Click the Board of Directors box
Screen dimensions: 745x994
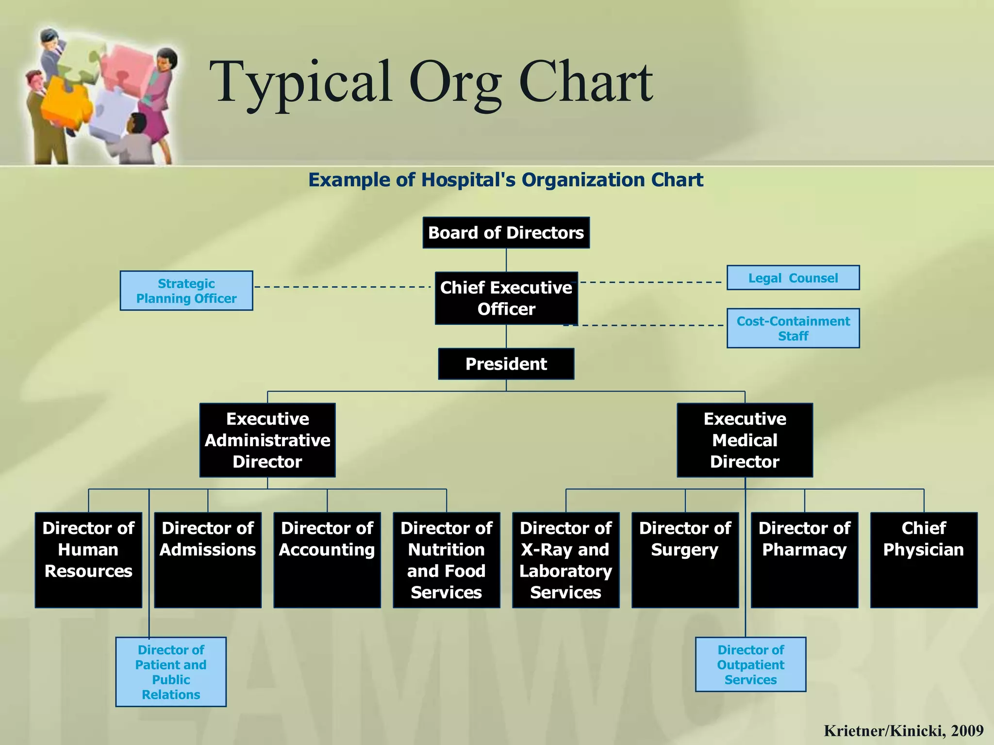[506, 233]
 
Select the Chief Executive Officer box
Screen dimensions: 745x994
[506, 298]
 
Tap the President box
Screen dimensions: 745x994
[506, 364]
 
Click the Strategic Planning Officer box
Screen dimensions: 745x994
[186, 291]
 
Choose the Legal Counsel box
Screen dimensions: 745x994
[793, 278]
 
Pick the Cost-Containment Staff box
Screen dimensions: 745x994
[793, 328]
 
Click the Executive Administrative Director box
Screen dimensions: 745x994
[267, 440]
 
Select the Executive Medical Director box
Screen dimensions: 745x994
[745, 440]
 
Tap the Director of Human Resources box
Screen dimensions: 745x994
[88, 560]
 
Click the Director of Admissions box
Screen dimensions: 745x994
[208, 560]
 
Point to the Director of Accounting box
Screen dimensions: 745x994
[327, 560]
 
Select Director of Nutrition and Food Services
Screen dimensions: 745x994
[446, 560]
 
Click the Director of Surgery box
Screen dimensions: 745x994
[685, 560]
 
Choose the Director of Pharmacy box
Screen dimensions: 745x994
[804, 560]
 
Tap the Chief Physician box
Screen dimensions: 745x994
[924, 560]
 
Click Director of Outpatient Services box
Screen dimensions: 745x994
[750, 664]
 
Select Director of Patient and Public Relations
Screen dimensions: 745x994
[171, 672]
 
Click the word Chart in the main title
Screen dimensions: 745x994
[586, 82]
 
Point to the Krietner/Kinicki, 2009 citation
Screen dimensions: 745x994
[903, 730]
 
